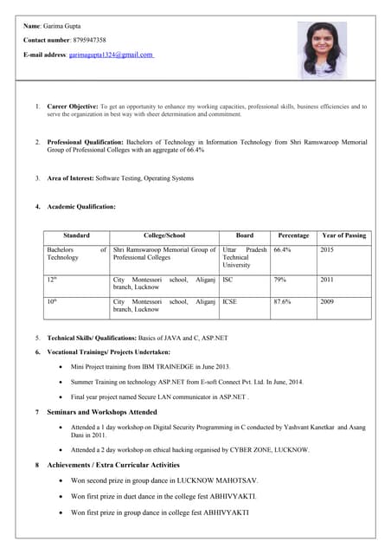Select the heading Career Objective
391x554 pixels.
tap(73, 106)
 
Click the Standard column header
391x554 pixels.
tap(76, 235)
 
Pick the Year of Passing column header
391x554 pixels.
tap(343, 235)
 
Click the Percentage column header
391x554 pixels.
tap(293, 235)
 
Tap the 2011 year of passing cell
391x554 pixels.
tap(327, 280)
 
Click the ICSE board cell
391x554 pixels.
tap(230, 302)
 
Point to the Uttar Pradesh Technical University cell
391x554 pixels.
tap(244, 257)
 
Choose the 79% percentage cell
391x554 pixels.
tap(280, 280)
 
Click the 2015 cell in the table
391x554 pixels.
tap(327, 249)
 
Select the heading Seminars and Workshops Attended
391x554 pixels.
tap(101, 412)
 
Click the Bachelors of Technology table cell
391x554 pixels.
tap(76, 254)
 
